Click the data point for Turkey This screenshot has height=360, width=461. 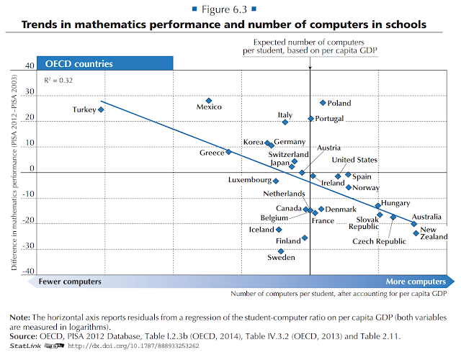pos(101,109)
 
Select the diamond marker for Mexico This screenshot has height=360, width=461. pos(209,101)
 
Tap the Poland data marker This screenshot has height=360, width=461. pos(323,103)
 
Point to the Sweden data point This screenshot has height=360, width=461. pos(281,251)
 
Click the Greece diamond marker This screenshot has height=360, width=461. pos(229,152)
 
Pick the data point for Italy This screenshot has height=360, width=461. pos(285,122)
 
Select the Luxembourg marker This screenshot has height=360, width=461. pos(276,181)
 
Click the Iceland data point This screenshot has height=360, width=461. pos(279,230)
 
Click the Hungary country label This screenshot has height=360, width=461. pos(395,203)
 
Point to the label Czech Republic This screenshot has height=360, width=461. pos(378,241)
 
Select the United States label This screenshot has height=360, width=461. pos(354,160)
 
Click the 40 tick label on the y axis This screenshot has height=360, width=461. pos(30,66)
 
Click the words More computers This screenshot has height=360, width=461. pos(416,282)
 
